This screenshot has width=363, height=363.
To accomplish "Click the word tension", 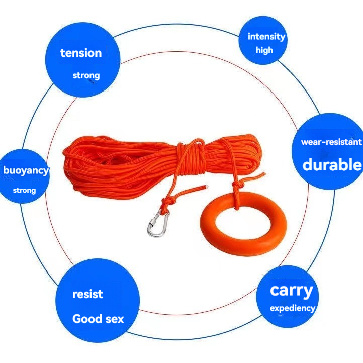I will (x=81, y=53).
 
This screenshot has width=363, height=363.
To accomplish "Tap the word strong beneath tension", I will (x=86, y=76).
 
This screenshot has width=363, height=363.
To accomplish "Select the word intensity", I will (x=266, y=36).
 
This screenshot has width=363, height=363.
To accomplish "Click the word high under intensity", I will (x=264, y=50).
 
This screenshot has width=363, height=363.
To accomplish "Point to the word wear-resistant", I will (x=331, y=142).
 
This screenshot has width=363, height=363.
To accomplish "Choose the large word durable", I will (x=332, y=164).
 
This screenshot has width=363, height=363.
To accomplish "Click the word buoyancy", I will (x=26, y=170).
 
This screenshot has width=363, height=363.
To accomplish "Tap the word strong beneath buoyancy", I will (x=24, y=191).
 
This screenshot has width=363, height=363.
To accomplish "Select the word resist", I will (x=87, y=294).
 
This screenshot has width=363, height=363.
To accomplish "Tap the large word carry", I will (x=291, y=290).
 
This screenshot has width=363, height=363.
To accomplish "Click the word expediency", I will (x=292, y=308).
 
